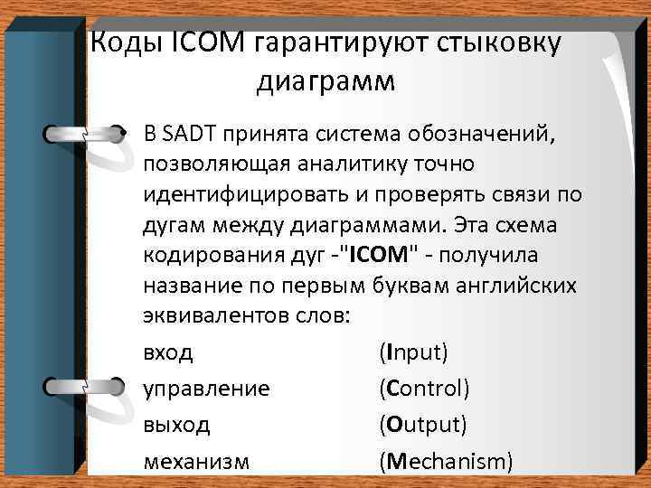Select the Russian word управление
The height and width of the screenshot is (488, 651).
tap(206, 389)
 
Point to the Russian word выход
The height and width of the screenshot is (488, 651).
tap(176, 424)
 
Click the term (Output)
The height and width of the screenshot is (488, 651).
tap(423, 424)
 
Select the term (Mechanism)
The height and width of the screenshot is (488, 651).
tap(447, 462)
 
